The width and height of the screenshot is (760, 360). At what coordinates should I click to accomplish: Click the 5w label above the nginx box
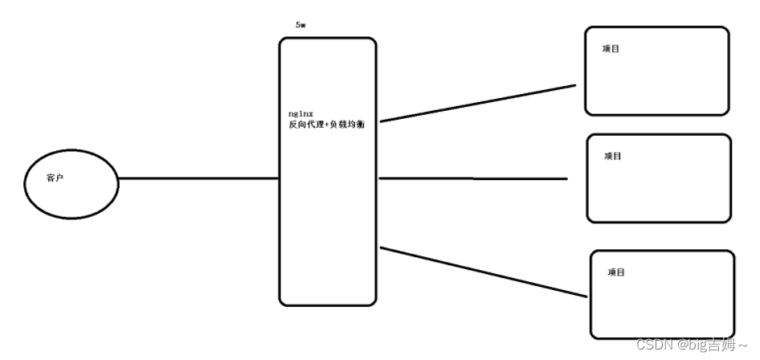[300, 26]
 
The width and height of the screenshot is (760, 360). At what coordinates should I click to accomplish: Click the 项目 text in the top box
[611, 49]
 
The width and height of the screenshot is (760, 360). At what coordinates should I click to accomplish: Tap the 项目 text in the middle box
[613, 156]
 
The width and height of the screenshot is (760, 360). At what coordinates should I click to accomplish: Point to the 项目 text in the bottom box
[616, 272]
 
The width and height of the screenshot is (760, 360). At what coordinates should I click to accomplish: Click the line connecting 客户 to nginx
[197, 178]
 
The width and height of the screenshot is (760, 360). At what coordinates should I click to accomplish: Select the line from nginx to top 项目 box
[478, 103]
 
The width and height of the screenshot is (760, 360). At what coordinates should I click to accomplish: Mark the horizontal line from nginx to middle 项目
[474, 178]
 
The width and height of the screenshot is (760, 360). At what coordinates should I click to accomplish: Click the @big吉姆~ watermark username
[712, 345]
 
